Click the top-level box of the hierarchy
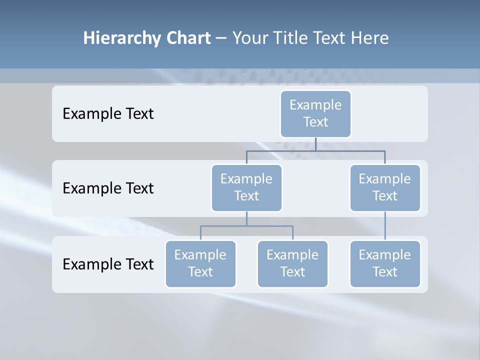pos(315,113)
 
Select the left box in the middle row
pos(246,187)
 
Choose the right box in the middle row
pos(385,187)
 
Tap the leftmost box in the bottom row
pos(200,263)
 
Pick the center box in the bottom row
pos(292,263)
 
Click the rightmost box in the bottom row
pos(385,263)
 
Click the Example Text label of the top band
pos(108,114)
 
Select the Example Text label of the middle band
pos(108,188)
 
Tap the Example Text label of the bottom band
pos(108,264)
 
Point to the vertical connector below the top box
pos(315,144)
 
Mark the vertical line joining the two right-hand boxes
pos(385,226)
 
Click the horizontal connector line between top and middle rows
pos(280,150)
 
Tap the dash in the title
pos(221,38)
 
